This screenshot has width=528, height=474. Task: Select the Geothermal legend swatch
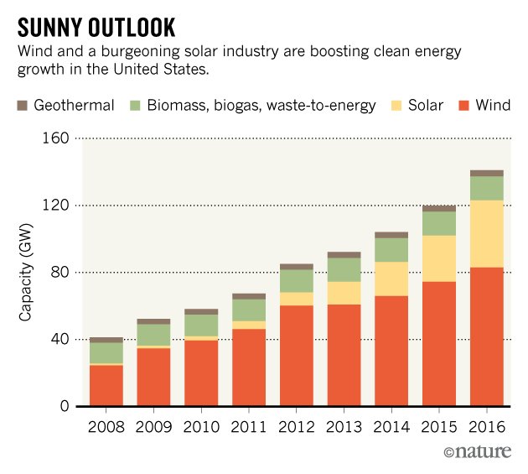[x=23, y=105]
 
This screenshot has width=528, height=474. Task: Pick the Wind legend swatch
[x=463, y=105]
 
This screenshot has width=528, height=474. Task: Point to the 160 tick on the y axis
[x=55, y=138]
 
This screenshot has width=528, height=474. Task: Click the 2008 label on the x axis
[x=106, y=427]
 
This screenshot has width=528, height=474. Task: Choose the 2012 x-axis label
[x=296, y=427]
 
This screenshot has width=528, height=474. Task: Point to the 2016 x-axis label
[x=486, y=427]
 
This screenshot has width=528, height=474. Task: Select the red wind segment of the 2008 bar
[x=106, y=386]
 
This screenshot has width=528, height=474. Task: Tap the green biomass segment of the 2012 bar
[x=296, y=280]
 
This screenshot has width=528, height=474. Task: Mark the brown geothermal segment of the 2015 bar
[x=438, y=208]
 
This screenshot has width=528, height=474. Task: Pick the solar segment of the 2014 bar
[x=391, y=279]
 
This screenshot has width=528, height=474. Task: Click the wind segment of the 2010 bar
[x=201, y=373]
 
